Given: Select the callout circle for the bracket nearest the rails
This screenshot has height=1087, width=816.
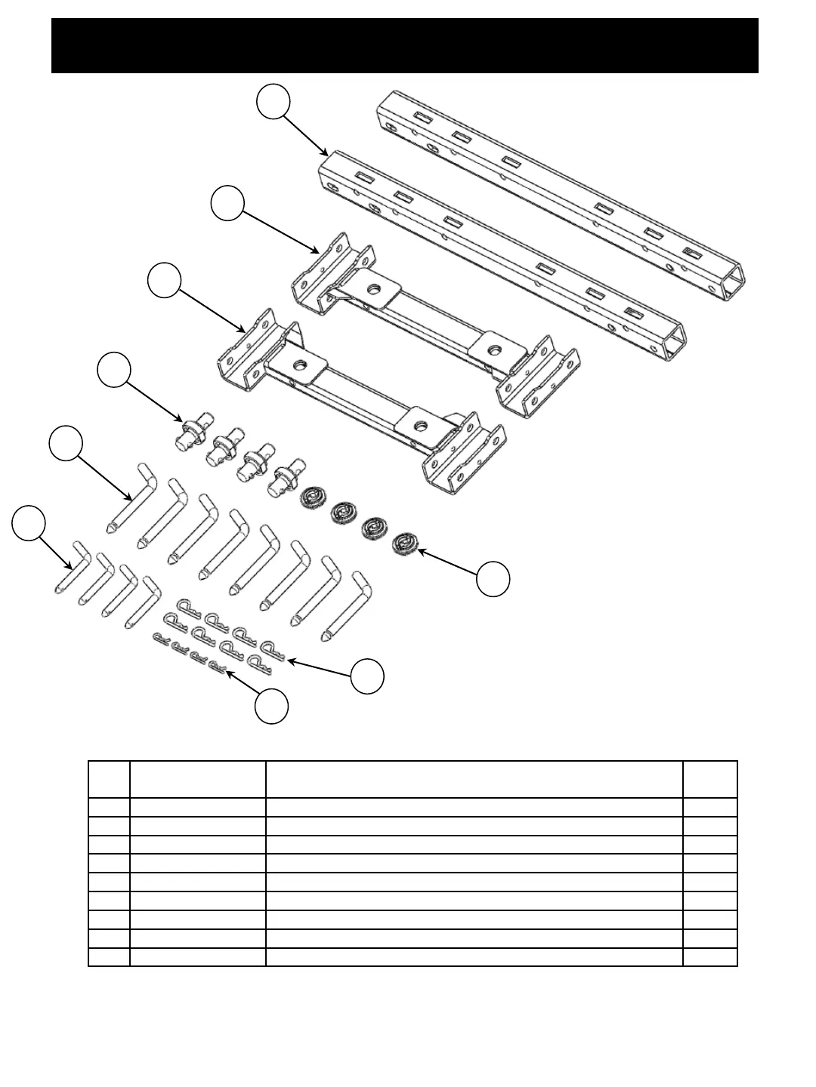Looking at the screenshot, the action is pos(227,204).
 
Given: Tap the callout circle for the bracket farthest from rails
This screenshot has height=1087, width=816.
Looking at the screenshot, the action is pos(164,281).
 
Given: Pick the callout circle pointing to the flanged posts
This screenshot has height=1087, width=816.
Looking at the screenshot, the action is pos(114,370).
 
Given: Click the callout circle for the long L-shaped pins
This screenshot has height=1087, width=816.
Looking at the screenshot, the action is pos(66,443).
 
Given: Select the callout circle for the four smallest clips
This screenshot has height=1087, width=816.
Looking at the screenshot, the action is pos(271,707).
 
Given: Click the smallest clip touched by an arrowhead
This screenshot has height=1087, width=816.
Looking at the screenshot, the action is pos(218,667).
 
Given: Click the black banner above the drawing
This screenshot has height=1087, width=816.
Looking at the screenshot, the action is pos(404,46).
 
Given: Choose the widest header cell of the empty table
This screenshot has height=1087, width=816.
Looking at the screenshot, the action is pos(474,779).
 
